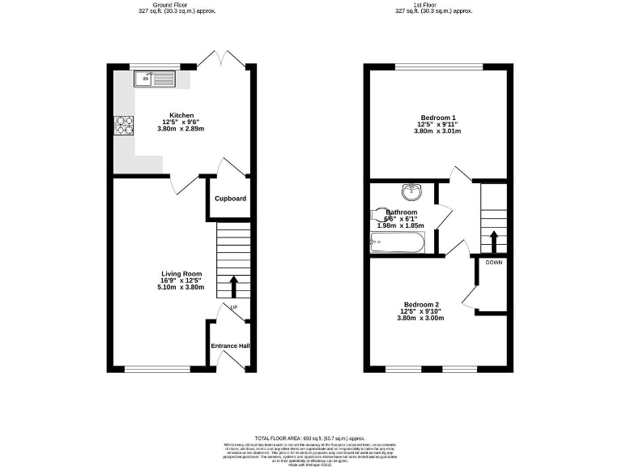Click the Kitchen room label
pos(181,115)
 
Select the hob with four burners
pos(125,125)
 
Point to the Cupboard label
pos(230,199)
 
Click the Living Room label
pos(181,274)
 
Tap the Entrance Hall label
pos(230,346)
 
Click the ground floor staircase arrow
pos(234,286)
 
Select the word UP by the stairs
pos(234,308)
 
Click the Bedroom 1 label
pos(437,118)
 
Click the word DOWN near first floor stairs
pos(493,263)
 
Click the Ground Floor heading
pos(165,4)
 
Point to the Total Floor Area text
pos(310,437)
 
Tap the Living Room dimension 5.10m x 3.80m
pos(181,287)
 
